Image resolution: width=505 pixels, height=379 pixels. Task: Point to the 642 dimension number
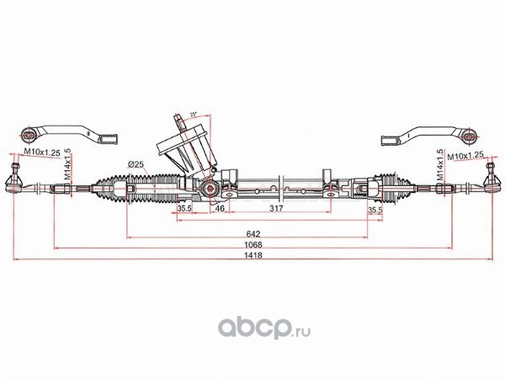click(252, 232)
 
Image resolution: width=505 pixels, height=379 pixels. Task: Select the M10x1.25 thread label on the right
click(465, 156)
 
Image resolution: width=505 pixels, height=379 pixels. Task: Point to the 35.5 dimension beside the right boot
click(375, 210)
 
